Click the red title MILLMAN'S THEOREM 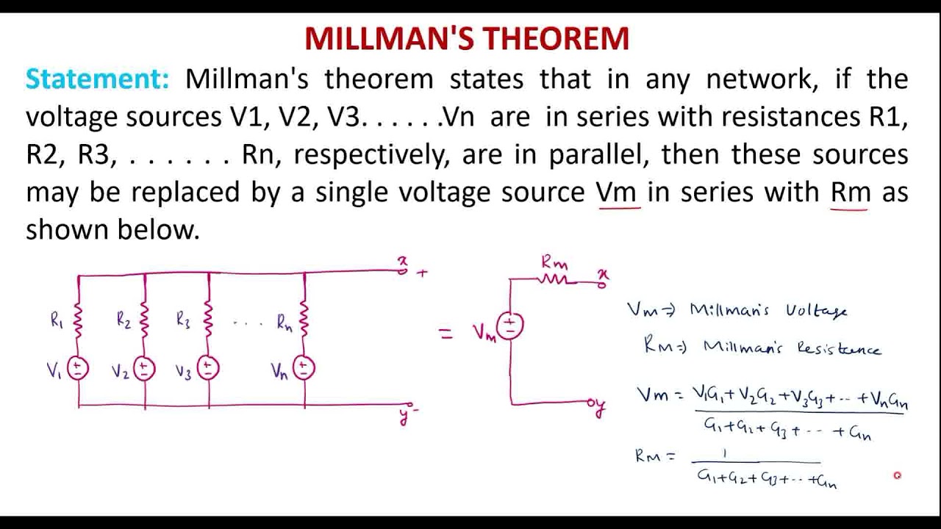(x=467, y=38)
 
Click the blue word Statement (x=97, y=79)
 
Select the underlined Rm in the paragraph (x=851, y=192)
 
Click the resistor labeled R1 (x=79, y=320)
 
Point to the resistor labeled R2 (x=145, y=320)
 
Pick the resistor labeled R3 (x=209, y=320)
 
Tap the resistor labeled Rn (x=304, y=320)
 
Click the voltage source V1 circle (x=79, y=368)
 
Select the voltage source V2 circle (x=145, y=368)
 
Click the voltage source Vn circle (x=304, y=368)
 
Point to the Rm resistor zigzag (x=554, y=279)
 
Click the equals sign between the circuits (x=446, y=334)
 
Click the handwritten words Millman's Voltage (x=768, y=311)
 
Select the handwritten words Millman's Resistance (x=791, y=348)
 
